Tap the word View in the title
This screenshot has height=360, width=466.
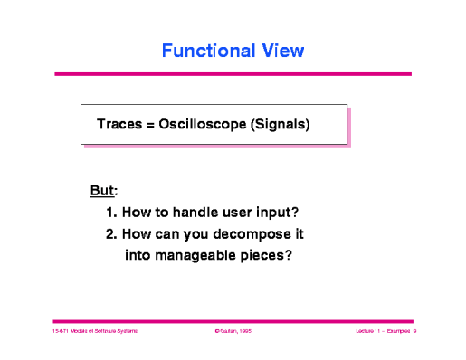tap(281, 51)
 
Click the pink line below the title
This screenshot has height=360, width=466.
tap(233, 73)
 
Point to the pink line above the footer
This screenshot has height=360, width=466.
tap(233, 320)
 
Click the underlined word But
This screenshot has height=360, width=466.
tap(102, 191)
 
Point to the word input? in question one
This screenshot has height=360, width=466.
tap(276, 213)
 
